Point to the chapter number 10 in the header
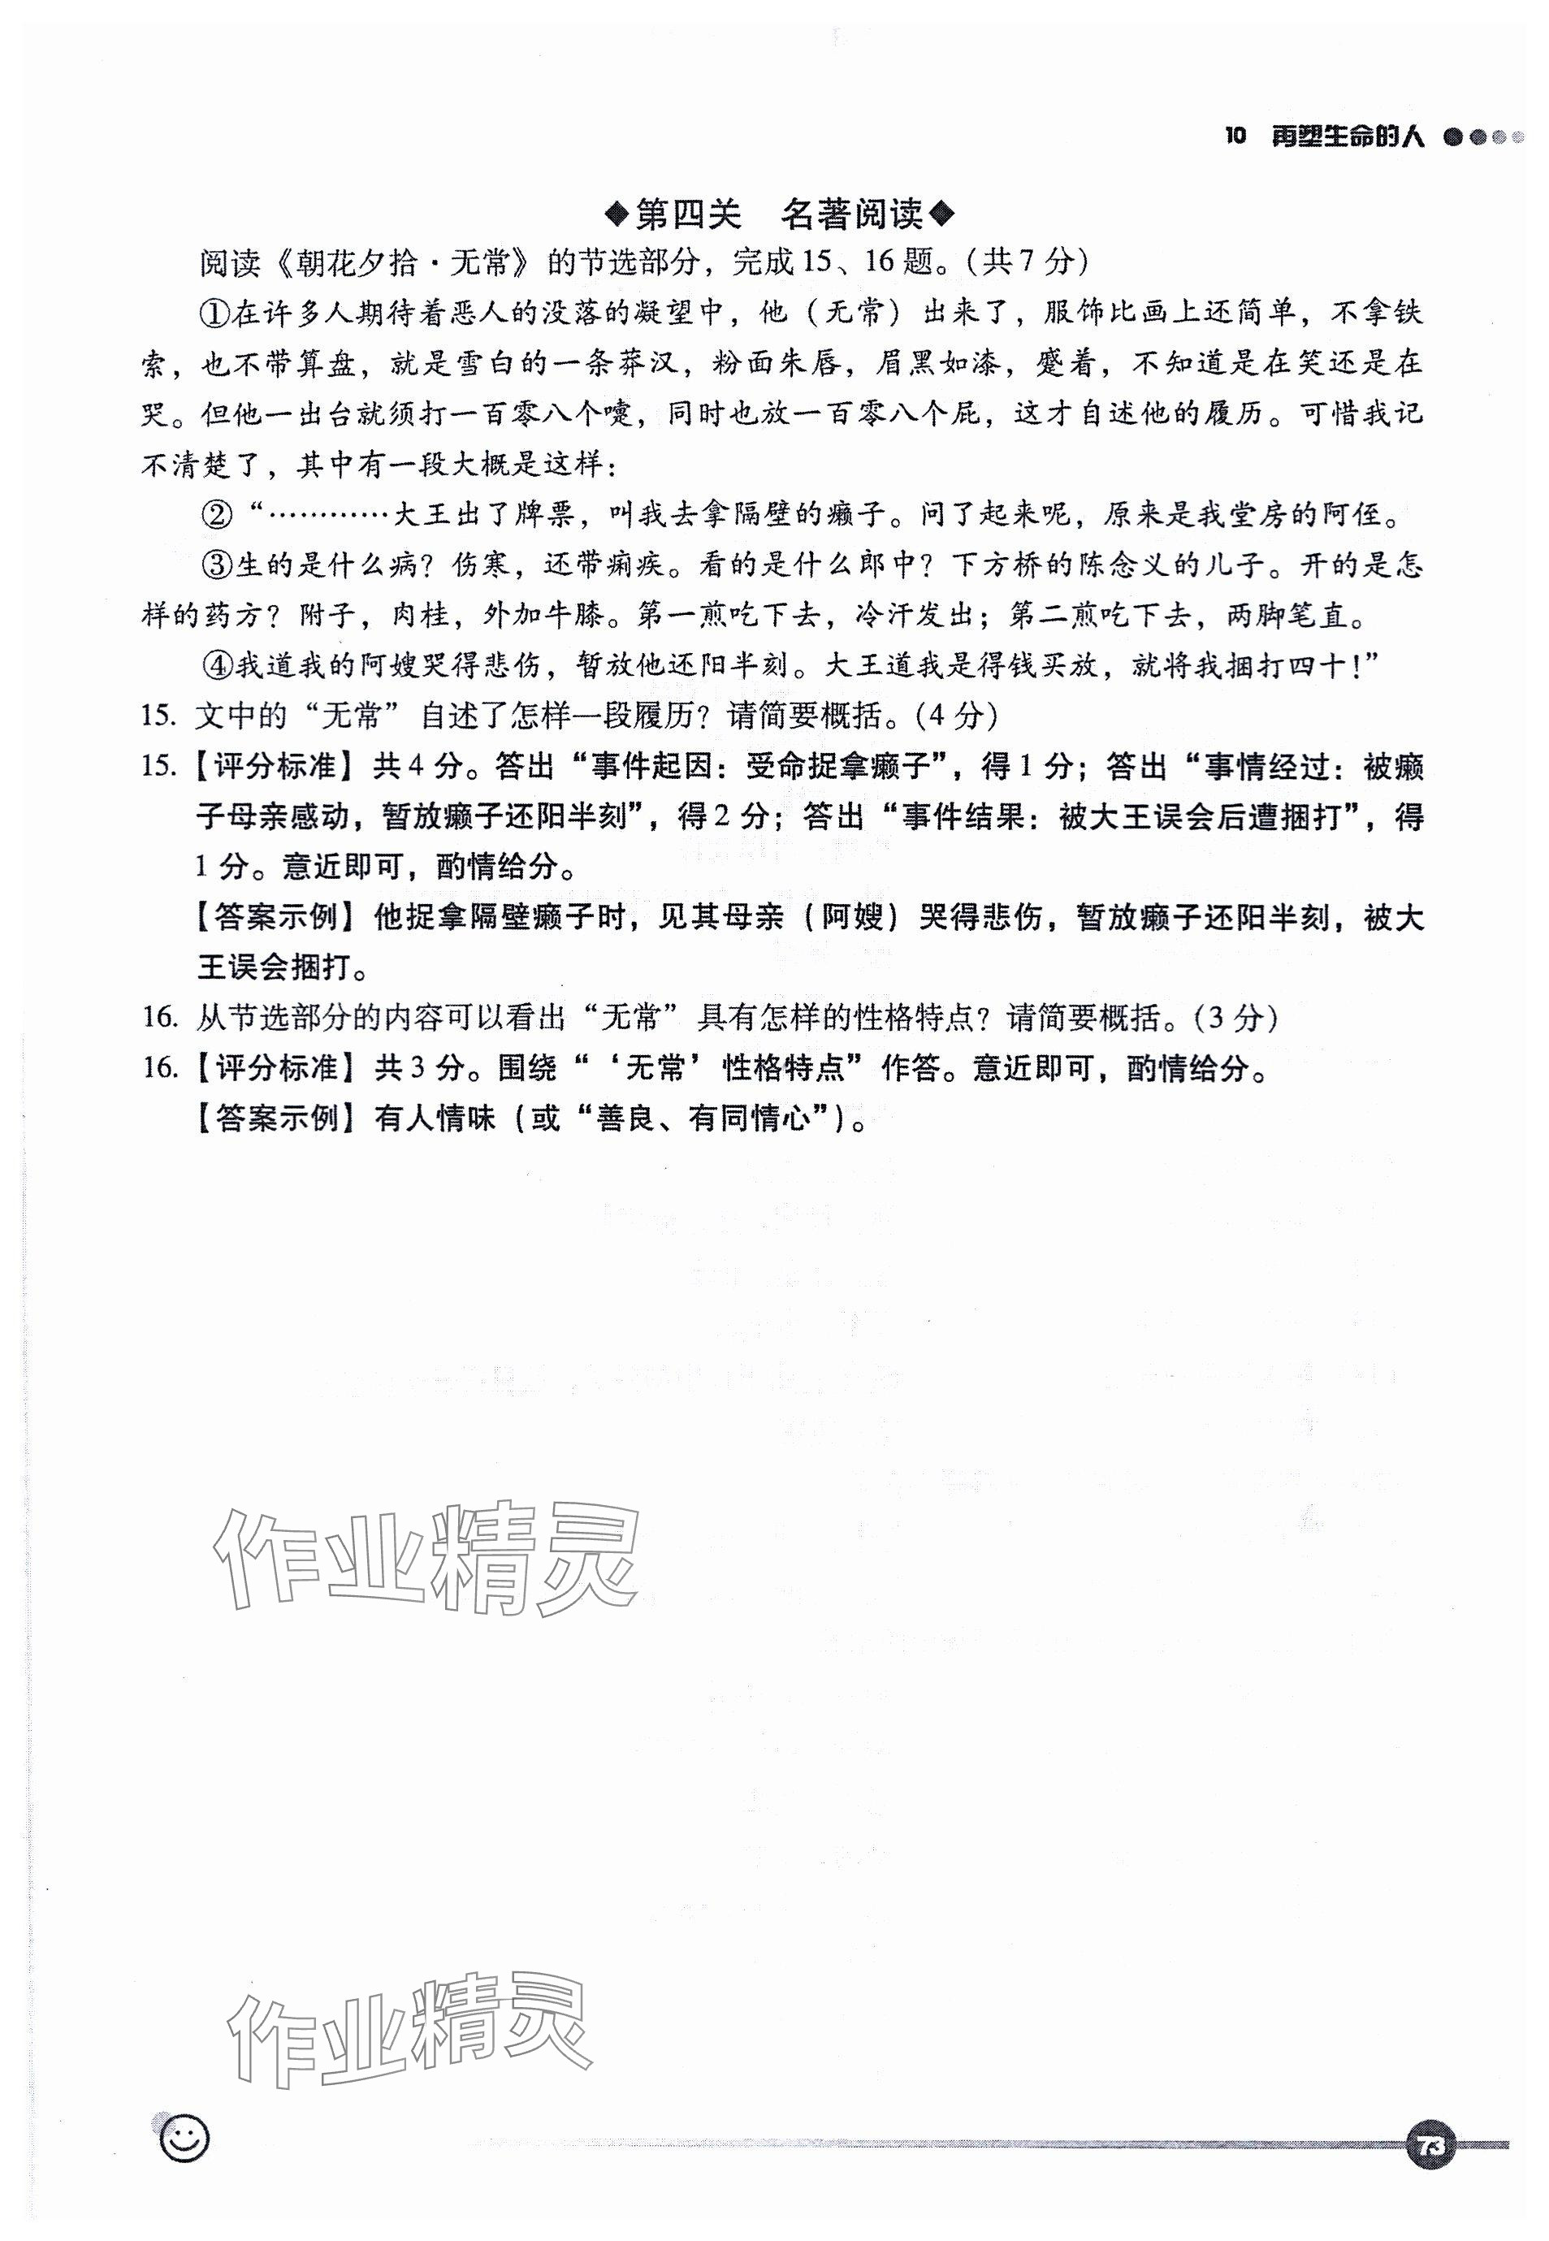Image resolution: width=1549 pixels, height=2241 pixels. (x=1235, y=136)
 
